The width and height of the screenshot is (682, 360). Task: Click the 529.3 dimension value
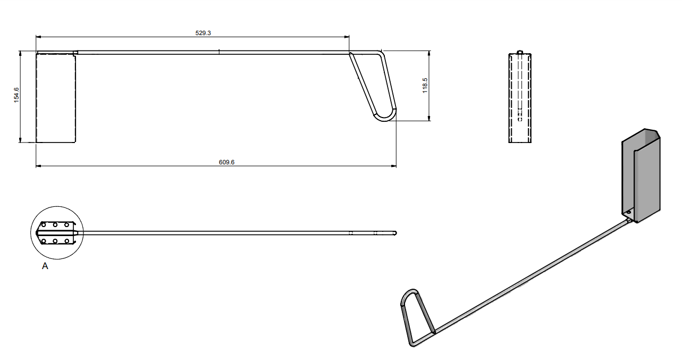pos(203,33)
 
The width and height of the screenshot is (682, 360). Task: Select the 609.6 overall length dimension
pos(226,163)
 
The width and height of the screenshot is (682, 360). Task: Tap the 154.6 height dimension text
pos(16,95)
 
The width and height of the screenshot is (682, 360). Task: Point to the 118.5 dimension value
pos(425,86)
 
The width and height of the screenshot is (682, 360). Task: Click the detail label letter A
pos(45,266)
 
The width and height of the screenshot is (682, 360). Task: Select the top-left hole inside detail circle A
pos(44,225)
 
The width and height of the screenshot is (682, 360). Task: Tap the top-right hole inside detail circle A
pos(67,225)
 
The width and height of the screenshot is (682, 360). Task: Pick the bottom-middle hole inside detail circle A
pos(55,241)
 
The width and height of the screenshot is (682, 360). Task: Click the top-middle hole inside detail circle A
pos(55,225)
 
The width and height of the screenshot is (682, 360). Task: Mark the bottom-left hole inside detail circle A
pos(44,241)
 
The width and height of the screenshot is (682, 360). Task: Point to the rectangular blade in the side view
pos(56,98)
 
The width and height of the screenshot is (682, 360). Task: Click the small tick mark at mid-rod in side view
pos(220,51)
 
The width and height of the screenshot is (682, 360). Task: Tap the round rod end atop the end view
pos(520,52)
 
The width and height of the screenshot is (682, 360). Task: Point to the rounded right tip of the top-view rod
pos(395,233)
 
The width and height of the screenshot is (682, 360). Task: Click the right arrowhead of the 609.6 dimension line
pos(394,166)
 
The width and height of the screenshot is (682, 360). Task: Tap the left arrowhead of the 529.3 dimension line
pos(38,37)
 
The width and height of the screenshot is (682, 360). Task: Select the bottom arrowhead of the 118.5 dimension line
pos(429,119)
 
